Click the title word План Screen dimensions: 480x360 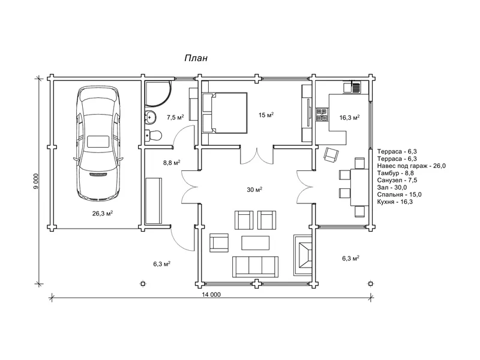[196, 58]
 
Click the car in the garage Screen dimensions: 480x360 [98, 143]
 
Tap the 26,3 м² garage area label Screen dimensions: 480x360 [103, 214]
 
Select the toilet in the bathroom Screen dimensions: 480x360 [153, 135]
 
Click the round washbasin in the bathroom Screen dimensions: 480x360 [150, 116]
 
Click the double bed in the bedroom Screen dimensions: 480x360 [224, 113]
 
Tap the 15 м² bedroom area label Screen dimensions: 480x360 [266, 115]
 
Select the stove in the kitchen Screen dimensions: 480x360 [322, 115]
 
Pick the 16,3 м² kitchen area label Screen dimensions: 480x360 [349, 118]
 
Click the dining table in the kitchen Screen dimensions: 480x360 [359, 187]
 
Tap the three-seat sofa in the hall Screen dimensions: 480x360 [256, 266]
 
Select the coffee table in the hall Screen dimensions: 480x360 [256, 243]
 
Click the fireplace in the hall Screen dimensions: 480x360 [303, 256]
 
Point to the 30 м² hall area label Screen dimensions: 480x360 [254, 190]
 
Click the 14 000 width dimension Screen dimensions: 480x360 [211, 295]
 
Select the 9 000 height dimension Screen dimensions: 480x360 [37, 182]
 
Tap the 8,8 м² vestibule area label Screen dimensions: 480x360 [172, 163]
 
